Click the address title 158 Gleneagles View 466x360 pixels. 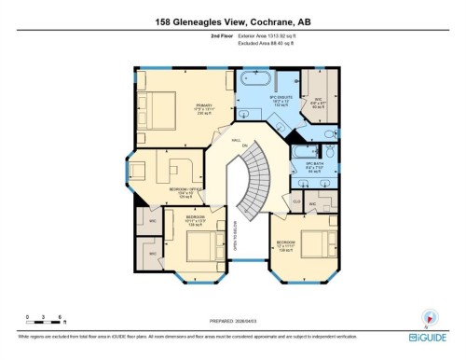tap(233, 21)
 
